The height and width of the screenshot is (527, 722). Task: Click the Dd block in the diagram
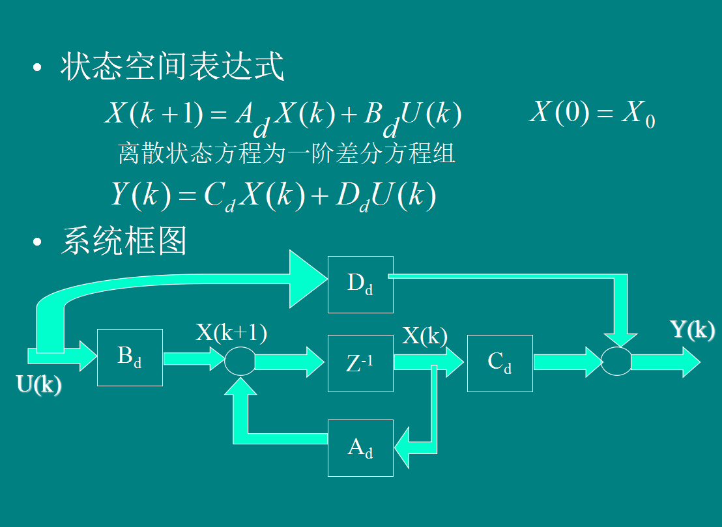coord(360,284)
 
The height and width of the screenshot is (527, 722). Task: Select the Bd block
coord(130,358)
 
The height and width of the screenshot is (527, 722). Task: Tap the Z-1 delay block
coord(360,363)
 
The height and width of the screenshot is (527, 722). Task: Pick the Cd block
coord(500,363)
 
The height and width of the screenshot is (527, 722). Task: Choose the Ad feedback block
coord(360,448)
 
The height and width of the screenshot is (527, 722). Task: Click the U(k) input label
coord(39,385)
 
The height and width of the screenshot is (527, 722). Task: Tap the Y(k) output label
coord(692,330)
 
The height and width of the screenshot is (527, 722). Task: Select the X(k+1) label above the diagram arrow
coord(231,332)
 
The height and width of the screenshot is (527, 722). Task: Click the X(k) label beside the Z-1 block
coord(424,335)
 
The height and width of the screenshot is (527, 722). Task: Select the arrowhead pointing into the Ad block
coord(404,448)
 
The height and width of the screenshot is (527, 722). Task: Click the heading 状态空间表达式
coord(173,67)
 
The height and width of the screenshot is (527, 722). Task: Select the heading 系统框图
coord(124,240)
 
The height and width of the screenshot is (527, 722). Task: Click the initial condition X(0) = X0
coord(592,113)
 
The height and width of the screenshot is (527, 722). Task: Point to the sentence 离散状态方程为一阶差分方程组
coord(286,153)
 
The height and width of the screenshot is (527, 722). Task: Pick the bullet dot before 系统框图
coord(38,242)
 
